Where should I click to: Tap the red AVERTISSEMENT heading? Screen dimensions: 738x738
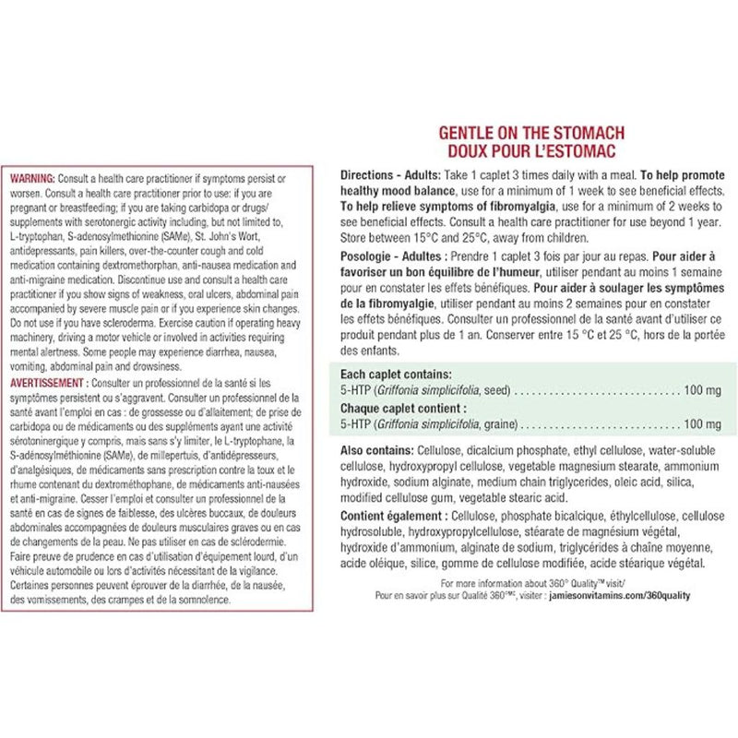pos(48,381)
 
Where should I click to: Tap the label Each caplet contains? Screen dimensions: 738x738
pos(396,375)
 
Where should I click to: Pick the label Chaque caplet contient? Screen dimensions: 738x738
pos(403,408)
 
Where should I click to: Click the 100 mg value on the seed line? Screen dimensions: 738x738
pos(702,391)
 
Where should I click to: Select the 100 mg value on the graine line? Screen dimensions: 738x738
pos(702,423)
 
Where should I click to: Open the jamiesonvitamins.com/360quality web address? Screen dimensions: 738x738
pos(638,597)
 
